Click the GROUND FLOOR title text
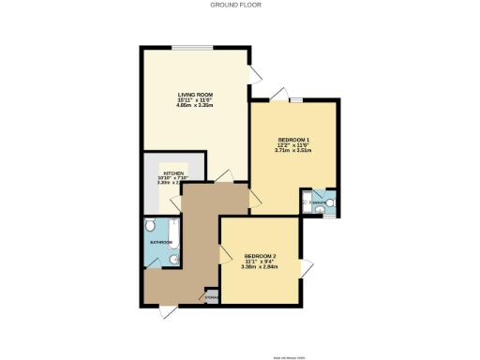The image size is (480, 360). pos(239,7)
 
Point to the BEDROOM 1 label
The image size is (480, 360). pos(293,141)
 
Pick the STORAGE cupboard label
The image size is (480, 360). pos(211,299)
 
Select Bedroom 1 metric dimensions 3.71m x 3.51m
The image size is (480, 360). pos(293,152)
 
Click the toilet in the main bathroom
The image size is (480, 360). pos(152,228)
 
